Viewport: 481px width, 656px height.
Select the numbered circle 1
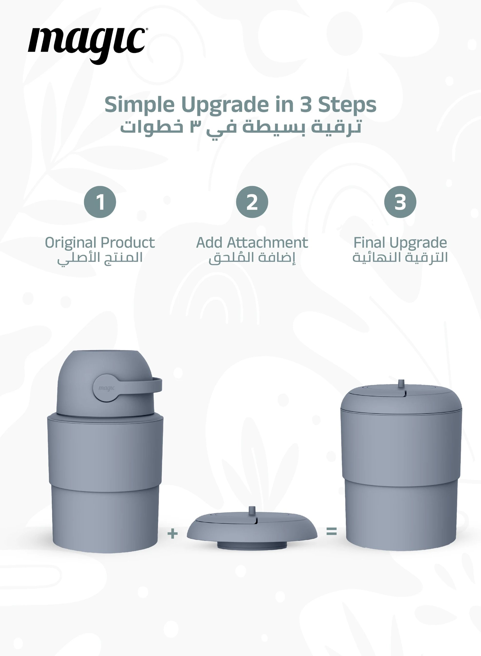pyautogui.click(x=100, y=202)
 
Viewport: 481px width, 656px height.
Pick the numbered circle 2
pyautogui.click(x=252, y=202)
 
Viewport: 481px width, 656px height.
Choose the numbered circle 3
pyautogui.click(x=400, y=202)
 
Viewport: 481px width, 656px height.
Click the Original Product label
pyautogui.click(x=100, y=243)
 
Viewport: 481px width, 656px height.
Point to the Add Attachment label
pyautogui.click(x=252, y=243)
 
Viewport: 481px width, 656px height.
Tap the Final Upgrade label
pyautogui.click(x=400, y=243)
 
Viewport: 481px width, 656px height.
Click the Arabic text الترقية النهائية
pyautogui.click(x=400, y=257)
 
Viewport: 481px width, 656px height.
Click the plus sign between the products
pyautogui.click(x=173, y=534)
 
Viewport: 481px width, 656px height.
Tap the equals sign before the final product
pyautogui.click(x=332, y=531)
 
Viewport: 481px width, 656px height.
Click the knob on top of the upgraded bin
pyautogui.click(x=401, y=383)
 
